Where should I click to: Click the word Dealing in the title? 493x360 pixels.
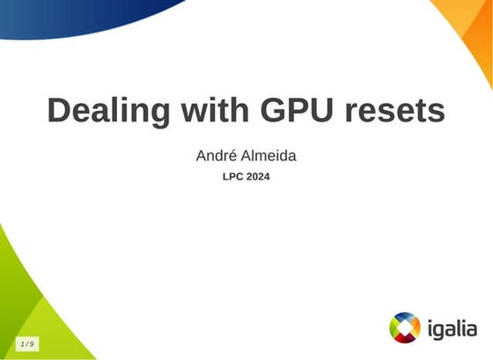[107, 112]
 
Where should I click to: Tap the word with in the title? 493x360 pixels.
[211, 112]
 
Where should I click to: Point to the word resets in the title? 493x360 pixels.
[394, 112]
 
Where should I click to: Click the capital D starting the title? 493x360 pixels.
[60, 112]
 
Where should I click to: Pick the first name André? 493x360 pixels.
[217, 156]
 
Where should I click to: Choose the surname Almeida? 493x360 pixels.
[269, 156]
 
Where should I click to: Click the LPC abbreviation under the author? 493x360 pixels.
[233, 177]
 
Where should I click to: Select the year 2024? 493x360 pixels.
[258, 177]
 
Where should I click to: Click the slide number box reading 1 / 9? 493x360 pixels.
[27, 343]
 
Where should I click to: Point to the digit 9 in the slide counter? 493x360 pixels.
[33, 343]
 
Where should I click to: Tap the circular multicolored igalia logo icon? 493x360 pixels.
[405, 327]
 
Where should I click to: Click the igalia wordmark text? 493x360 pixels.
[451, 329]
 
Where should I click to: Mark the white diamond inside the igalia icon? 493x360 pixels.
[405, 327]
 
